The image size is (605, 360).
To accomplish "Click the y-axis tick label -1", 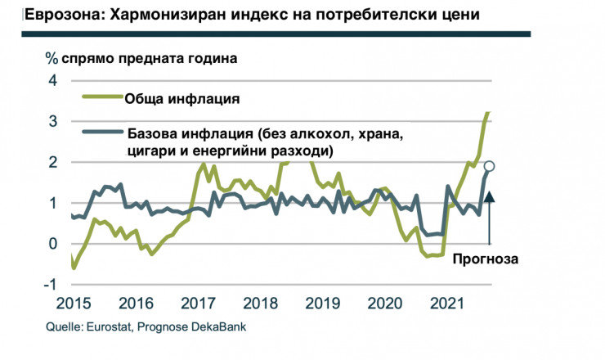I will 50,284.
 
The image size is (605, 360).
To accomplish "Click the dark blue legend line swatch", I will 102,133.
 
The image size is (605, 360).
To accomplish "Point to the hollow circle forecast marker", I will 490,166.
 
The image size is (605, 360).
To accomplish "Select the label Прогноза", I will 488,258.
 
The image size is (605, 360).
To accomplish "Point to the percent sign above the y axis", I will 51,58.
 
